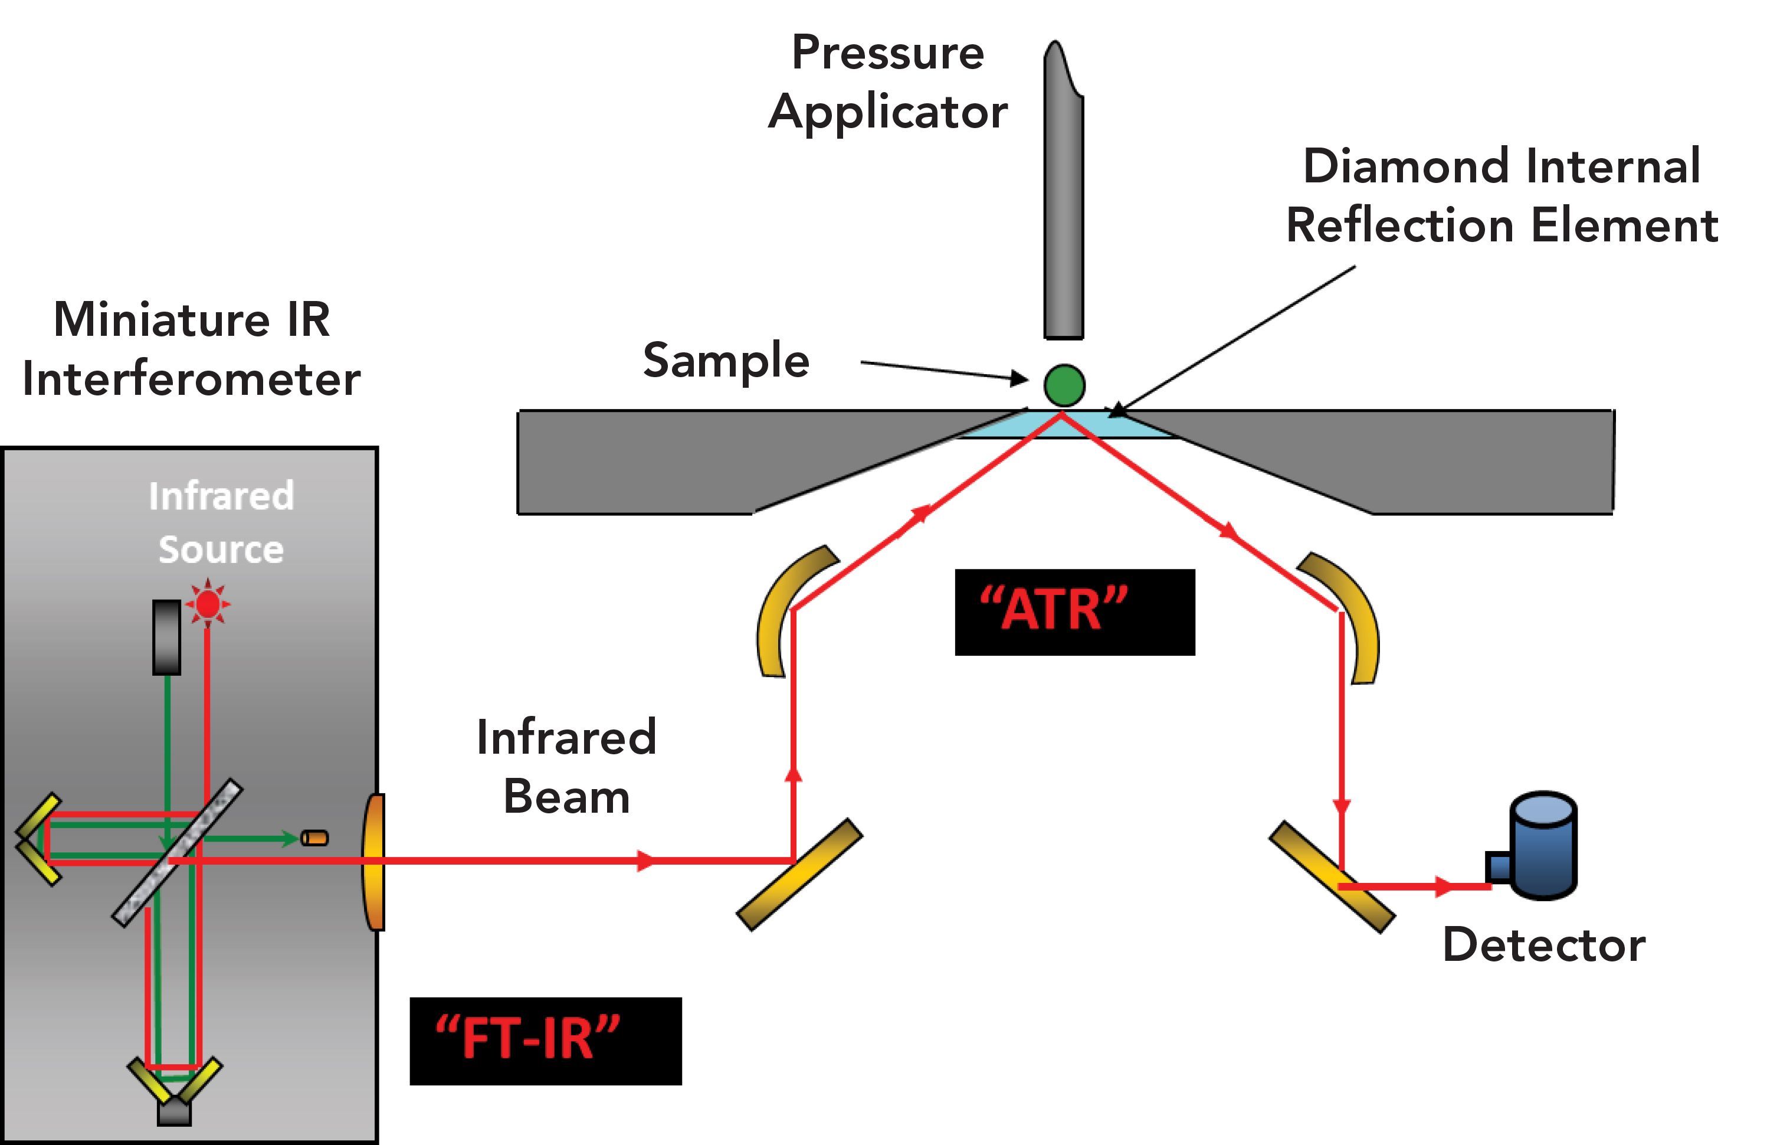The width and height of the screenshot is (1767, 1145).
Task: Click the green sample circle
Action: coord(1064,385)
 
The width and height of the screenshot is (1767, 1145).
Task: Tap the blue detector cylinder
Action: coord(1543,846)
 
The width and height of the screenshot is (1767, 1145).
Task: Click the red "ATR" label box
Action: coord(1074,612)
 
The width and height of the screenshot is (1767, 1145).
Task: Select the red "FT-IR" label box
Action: coord(545,1041)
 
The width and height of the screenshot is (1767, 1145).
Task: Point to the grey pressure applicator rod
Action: coord(1063,201)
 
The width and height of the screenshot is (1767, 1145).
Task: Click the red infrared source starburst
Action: coord(208,604)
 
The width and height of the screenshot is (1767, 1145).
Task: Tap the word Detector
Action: coord(1543,946)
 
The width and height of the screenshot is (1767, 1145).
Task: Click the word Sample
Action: coord(725,361)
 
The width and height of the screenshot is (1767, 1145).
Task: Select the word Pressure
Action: coord(887,54)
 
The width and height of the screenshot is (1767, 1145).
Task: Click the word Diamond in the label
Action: coord(1401,166)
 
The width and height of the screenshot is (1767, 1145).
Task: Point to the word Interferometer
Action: coord(191,379)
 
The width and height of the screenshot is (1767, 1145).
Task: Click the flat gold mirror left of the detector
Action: coord(1332,876)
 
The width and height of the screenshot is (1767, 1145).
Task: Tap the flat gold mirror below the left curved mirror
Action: coord(799,874)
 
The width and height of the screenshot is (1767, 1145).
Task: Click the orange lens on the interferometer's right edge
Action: coord(373,861)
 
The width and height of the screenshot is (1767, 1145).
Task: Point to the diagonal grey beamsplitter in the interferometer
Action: coord(178,852)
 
